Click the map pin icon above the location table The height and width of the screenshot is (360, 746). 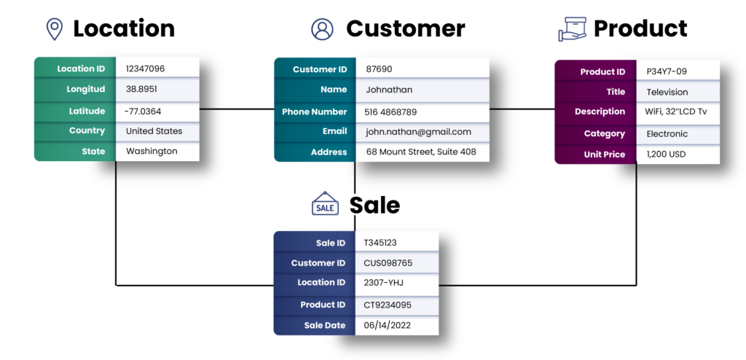pos(54,29)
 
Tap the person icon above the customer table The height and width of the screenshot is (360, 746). pos(321,29)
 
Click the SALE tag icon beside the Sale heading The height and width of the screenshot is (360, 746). pos(325,205)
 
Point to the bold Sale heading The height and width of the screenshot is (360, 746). pos(374,205)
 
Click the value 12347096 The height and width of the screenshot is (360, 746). pos(145,69)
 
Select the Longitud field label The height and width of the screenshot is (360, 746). pos(85,89)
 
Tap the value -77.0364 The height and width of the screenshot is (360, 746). pos(143,111)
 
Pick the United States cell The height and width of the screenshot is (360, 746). pos(154,131)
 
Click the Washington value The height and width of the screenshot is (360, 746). pos(152,152)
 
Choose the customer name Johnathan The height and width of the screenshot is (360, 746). pos(388,90)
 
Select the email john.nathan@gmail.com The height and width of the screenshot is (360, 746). pos(418,132)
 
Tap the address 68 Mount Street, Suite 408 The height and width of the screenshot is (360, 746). pos(421,152)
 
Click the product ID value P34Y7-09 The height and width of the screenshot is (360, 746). pos(667,71)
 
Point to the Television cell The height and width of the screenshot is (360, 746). pos(667,92)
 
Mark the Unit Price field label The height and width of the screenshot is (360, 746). pos(604,154)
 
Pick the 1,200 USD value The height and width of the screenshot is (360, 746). pos(666,154)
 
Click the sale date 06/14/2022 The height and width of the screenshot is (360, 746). pos(387,325)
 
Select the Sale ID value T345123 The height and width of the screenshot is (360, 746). pos(380,243)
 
